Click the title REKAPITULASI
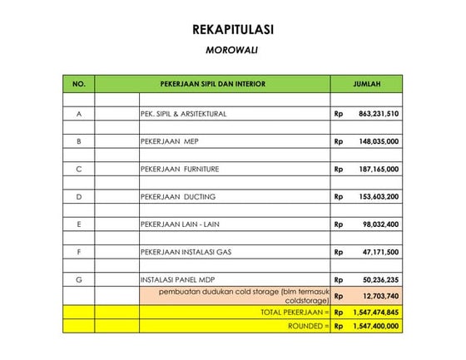pyautogui.click(x=232, y=30)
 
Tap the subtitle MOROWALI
pyautogui.click(x=232, y=50)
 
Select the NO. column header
pyautogui.click(x=79, y=84)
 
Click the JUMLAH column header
pyautogui.click(x=366, y=84)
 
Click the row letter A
pyautogui.click(x=79, y=113)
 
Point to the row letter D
pyautogui.click(x=79, y=197)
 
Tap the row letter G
pyautogui.click(x=79, y=280)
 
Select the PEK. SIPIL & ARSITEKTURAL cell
pyautogui.click(x=183, y=113)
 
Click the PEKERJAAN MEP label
pyautogui.click(x=170, y=141)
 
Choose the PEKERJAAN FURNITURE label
pyautogui.click(x=180, y=169)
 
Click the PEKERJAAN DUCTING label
pyautogui.click(x=177, y=197)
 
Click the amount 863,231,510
pyautogui.click(x=379, y=113)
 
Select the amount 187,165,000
pyautogui.click(x=379, y=169)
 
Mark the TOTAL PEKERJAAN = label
pyautogui.click(x=295, y=312)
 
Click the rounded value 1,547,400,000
pyautogui.click(x=374, y=327)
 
